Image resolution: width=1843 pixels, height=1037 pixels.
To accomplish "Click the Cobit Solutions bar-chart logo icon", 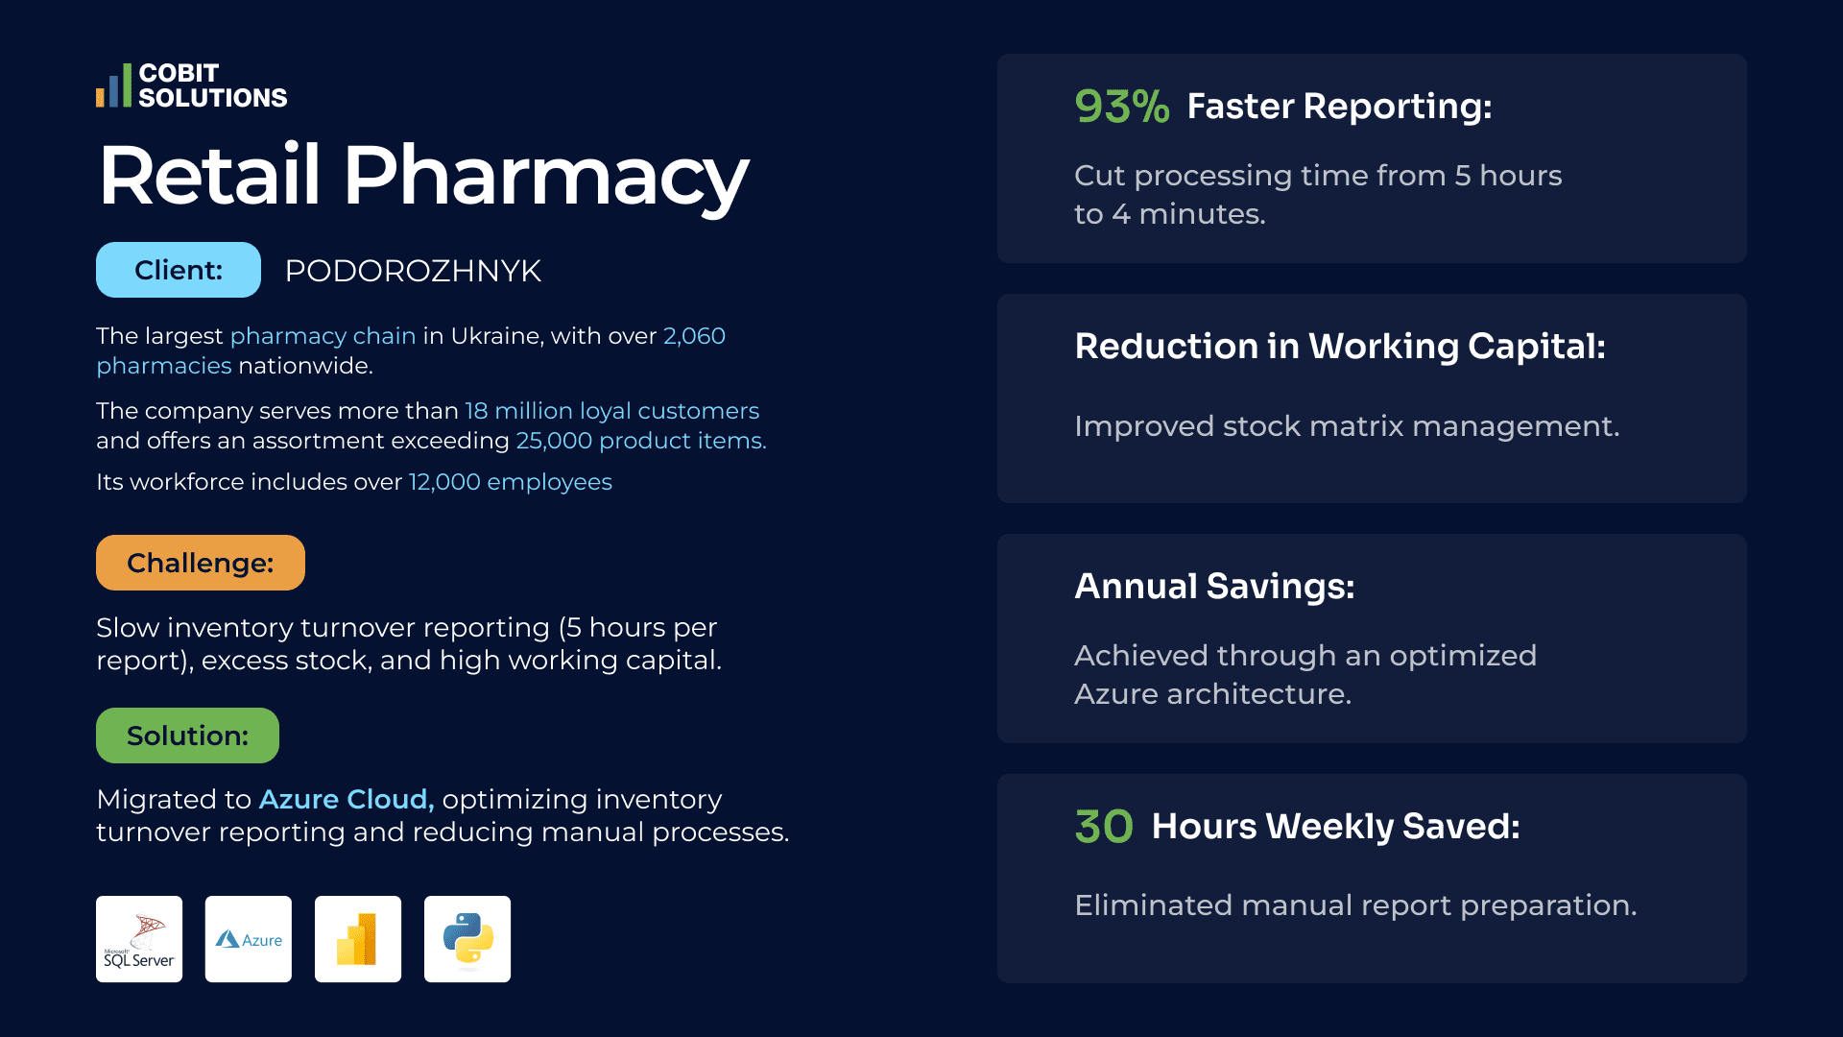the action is (x=113, y=85).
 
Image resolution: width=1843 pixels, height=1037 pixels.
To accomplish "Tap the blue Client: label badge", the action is (x=179, y=270).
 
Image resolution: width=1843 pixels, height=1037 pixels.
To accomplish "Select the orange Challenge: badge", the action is (x=201, y=563).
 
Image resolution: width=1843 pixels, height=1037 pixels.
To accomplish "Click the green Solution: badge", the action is (x=187, y=736).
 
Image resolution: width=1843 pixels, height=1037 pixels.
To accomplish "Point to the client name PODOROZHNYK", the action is (x=413, y=271).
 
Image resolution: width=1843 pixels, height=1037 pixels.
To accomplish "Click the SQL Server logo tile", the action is (x=139, y=939).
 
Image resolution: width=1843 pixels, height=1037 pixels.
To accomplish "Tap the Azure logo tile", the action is (x=249, y=939).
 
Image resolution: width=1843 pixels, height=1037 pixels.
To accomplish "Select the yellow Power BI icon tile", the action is (x=358, y=939).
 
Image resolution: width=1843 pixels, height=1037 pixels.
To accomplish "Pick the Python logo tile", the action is (x=467, y=939).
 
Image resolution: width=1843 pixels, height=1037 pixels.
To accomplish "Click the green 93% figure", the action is (x=1122, y=107).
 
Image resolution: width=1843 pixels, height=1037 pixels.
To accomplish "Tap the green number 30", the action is (x=1104, y=827).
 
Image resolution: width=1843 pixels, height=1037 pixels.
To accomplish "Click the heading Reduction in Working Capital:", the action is (x=1340, y=347).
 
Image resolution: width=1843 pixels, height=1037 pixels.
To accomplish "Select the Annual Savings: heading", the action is (x=1214, y=587).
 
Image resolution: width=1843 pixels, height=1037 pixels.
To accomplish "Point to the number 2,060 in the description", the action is (x=694, y=336).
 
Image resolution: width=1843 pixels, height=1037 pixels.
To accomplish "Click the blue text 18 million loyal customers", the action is (x=612, y=411).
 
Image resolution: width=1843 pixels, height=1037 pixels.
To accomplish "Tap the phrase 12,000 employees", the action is (x=511, y=482).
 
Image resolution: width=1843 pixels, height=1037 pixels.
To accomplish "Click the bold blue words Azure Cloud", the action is (x=347, y=799).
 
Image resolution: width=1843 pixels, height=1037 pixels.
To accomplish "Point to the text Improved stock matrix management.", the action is (x=1347, y=426).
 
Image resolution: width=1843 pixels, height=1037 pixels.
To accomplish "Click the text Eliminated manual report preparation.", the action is (x=1355, y=905).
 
